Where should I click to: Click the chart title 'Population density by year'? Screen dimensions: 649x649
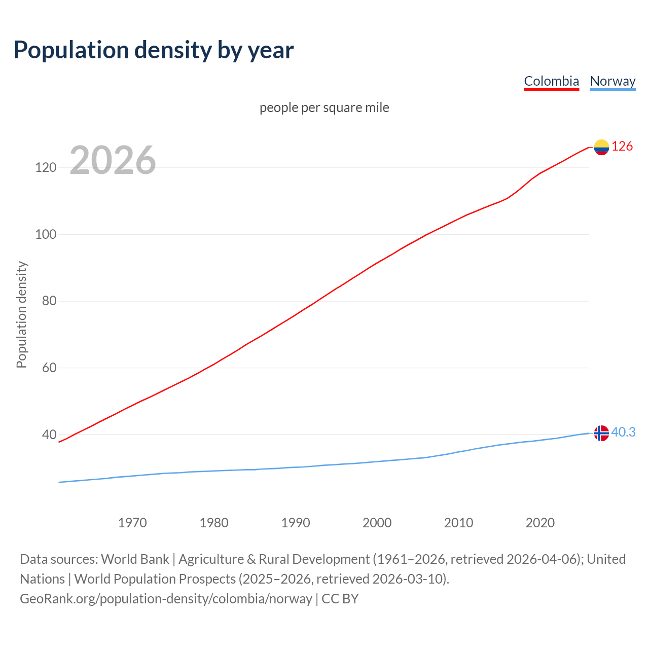154,50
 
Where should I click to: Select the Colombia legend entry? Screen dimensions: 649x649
551,81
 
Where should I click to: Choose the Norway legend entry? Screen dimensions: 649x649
612,81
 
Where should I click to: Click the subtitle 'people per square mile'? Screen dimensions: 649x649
324,107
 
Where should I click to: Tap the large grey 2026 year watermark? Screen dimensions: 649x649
113,160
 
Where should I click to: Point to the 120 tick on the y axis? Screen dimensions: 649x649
46,167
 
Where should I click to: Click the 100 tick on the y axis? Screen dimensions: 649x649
46,234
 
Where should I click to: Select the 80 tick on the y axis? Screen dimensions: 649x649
49,301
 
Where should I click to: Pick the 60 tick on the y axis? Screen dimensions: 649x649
49,368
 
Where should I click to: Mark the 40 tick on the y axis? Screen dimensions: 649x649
49,435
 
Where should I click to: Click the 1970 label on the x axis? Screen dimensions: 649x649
132,523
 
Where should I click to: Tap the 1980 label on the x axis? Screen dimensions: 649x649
214,523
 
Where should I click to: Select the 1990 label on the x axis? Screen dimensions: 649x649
296,523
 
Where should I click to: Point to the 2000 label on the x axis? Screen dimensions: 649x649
377,523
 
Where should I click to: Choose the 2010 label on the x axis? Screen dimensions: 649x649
458,523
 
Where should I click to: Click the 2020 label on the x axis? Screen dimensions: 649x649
540,523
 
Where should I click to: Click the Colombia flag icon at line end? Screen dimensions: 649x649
601,147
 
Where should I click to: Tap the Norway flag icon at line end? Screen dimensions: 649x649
601,433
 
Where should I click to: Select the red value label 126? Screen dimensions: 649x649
622,147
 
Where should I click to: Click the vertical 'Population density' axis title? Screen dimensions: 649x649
21,314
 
